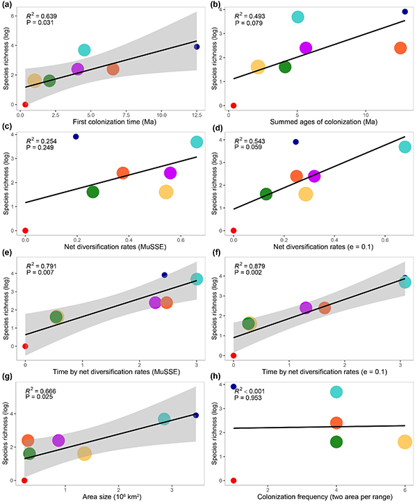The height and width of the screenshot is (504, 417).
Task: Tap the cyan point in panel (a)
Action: click(85, 49)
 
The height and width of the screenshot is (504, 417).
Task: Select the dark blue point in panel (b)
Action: click(405, 12)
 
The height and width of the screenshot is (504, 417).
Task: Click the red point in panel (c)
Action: click(25, 230)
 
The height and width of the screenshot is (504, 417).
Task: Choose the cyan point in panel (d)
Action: click(404, 146)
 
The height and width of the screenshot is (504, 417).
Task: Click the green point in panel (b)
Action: click(285, 67)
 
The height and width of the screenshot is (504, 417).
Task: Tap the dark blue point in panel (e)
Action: click(165, 275)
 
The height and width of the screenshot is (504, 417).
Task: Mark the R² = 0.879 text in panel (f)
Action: click(252, 266)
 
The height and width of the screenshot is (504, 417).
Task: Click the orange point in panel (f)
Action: click(325, 307)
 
